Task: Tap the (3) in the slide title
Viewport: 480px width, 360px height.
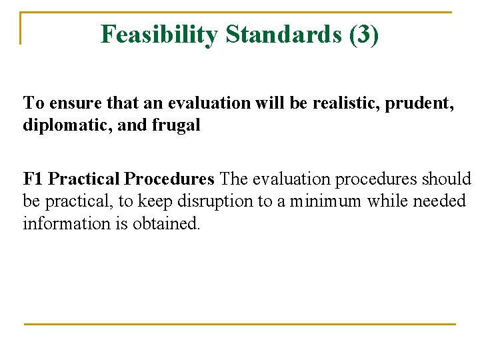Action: coord(364,34)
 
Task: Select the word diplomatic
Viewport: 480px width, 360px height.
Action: coord(61,125)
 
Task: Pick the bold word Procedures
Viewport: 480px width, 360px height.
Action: coord(169,179)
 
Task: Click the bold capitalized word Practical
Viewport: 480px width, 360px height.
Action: coord(84,179)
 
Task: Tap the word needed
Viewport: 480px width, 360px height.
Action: coord(440,201)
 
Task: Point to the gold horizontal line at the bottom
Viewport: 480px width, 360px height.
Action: coord(240,324)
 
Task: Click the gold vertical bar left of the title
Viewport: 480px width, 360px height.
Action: coord(21,28)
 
